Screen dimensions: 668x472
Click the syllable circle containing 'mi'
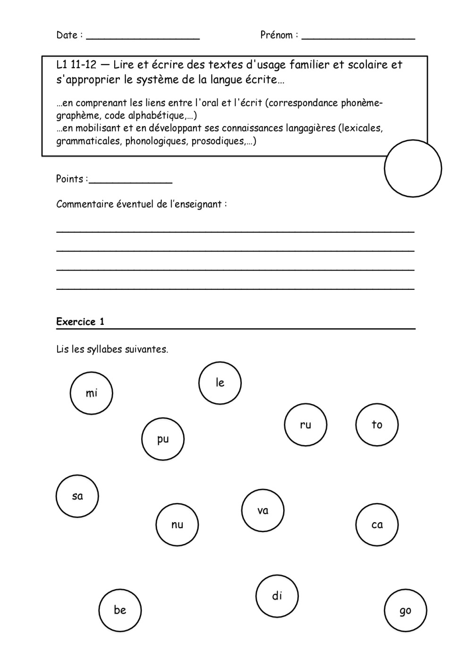pos(91,393)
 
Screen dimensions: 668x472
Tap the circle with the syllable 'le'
pos(220,383)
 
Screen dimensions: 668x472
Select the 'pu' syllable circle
pos(163,439)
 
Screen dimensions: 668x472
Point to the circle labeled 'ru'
pos(305,425)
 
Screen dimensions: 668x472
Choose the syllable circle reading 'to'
pos(377,425)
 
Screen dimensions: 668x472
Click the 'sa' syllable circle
pos(77,496)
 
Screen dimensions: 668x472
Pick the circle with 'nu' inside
pos(177,524)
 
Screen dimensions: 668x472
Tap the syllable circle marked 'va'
pos(263,510)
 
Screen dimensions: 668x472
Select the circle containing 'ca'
pos(377,524)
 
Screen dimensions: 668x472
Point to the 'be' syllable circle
pos(120,610)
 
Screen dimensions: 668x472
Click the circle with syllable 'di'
pos(277,596)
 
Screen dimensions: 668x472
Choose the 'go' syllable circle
pos(405,610)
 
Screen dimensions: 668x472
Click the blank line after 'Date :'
pos(143,36)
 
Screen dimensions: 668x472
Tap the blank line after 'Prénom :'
pos(358,36)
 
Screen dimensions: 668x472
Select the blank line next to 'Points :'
pos(131,180)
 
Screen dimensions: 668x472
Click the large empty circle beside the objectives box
pos(413,168)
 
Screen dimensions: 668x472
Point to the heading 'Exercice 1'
pos(80,322)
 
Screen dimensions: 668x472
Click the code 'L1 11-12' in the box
pos(76,65)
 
